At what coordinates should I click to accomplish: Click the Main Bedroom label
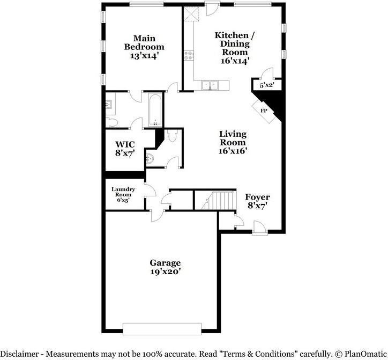(x=144, y=47)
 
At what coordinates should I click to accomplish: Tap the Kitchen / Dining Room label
(x=235, y=48)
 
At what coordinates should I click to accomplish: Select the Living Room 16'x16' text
(x=233, y=142)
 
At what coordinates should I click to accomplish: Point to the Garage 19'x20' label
(x=165, y=267)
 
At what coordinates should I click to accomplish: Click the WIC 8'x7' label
(x=125, y=149)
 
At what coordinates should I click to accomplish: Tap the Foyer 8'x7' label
(x=257, y=201)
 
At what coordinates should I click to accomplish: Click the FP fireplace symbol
(x=264, y=111)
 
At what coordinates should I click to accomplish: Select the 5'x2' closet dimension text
(x=267, y=85)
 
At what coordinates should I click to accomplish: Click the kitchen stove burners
(x=189, y=55)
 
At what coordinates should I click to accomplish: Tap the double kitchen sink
(x=210, y=85)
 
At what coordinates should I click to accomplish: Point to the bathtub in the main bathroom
(x=155, y=109)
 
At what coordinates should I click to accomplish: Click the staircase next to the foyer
(x=219, y=200)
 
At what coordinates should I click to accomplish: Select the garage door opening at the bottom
(x=162, y=329)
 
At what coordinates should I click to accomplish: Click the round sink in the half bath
(x=150, y=159)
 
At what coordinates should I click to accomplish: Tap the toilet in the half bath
(x=171, y=136)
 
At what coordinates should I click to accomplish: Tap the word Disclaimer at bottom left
(x=19, y=354)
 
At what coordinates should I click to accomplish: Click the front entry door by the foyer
(x=259, y=227)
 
